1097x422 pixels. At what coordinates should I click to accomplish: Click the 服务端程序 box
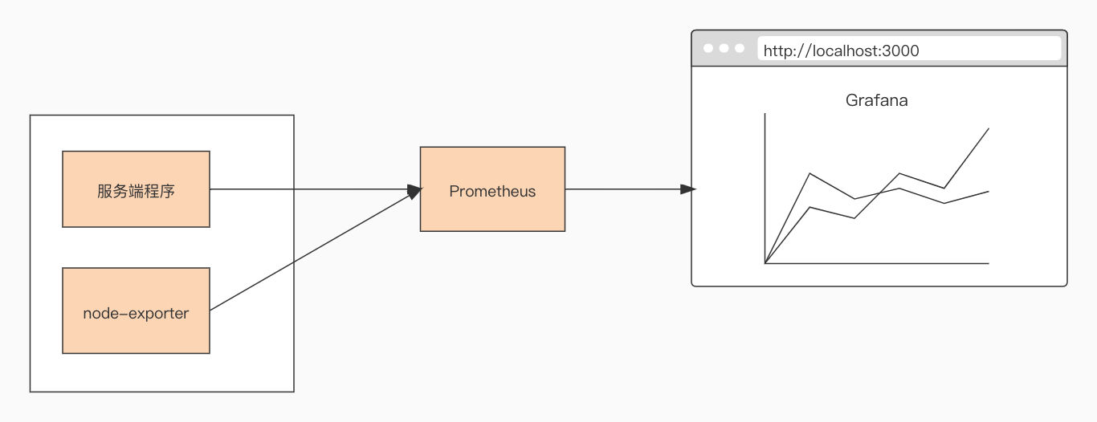click(x=137, y=189)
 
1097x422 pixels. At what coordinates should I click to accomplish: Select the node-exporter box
click(x=137, y=310)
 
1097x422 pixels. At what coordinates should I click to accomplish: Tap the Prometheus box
click(x=492, y=189)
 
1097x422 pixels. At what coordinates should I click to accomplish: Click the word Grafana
click(x=877, y=100)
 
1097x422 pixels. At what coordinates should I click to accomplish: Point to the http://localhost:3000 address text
click(x=841, y=51)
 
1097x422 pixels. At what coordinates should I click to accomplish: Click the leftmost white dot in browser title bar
click(x=708, y=48)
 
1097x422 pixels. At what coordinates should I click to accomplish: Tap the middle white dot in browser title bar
click(x=724, y=48)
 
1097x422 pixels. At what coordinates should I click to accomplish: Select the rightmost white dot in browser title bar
click(x=740, y=48)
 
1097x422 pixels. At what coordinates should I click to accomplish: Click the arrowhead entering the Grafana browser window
click(x=688, y=189)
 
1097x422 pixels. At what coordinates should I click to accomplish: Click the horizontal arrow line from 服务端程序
click(x=316, y=189)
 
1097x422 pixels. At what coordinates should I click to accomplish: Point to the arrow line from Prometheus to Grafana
click(x=630, y=189)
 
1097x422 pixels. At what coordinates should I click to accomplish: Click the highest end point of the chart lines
click(x=989, y=128)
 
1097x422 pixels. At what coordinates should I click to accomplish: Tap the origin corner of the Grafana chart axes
click(x=765, y=264)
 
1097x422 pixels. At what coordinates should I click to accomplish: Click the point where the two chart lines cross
click(x=880, y=193)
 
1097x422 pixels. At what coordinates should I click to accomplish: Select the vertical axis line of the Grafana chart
click(x=765, y=189)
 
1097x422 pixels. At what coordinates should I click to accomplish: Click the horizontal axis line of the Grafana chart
click(x=877, y=264)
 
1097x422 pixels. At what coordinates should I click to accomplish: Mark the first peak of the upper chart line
click(x=810, y=173)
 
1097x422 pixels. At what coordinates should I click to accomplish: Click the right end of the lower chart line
click(x=989, y=192)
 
